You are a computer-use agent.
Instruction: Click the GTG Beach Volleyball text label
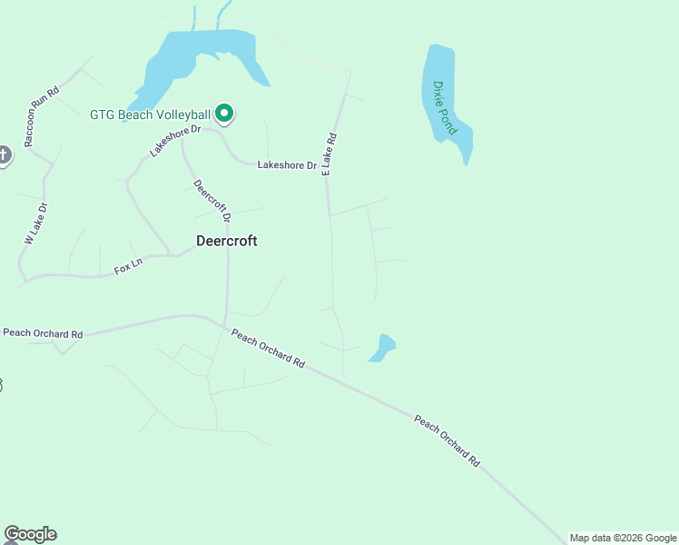pyautogui.click(x=150, y=114)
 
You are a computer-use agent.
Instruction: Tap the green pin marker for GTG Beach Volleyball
pyautogui.click(x=224, y=114)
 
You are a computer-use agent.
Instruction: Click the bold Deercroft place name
pyautogui.click(x=227, y=241)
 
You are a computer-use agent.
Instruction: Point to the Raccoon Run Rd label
pyautogui.click(x=41, y=115)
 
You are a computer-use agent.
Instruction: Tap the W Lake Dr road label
pyautogui.click(x=35, y=223)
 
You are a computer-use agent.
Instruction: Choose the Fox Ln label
pyautogui.click(x=128, y=267)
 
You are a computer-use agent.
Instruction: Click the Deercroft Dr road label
pyautogui.click(x=212, y=201)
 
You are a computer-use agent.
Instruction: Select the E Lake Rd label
pyautogui.click(x=330, y=154)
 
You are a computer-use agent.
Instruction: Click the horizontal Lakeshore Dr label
pyautogui.click(x=287, y=165)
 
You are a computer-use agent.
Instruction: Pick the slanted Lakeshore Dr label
pyautogui.click(x=174, y=142)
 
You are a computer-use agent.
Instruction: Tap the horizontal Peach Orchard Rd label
pyautogui.click(x=43, y=333)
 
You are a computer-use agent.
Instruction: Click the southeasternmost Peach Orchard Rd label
pyautogui.click(x=447, y=441)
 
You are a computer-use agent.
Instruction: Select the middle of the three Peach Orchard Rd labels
pyautogui.click(x=267, y=348)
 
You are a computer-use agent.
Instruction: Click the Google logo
pyautogui.click(x=30, y=534)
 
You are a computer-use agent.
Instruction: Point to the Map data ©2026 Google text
pyautogui.click(x=623, y=538)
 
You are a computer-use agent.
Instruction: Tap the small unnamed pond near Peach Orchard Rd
pyautogui.click(x=382, y=348)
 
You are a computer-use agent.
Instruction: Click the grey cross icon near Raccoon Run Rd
pyautogui.click(x=3, y=155)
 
